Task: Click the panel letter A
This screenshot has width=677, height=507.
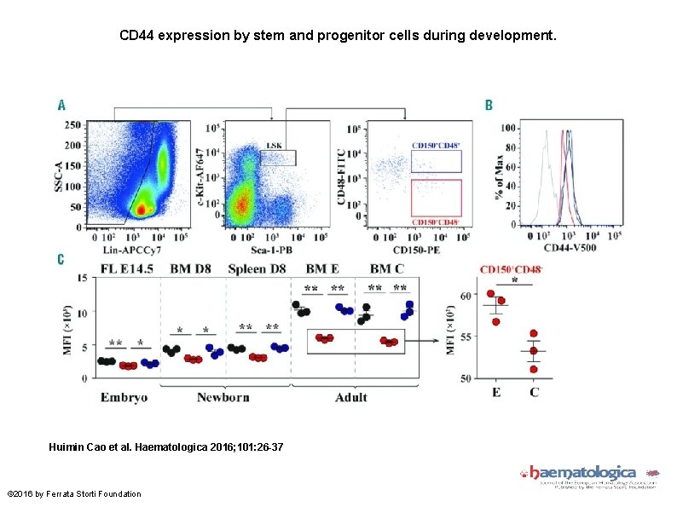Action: point(61,105)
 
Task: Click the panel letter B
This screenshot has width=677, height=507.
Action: point(489,105)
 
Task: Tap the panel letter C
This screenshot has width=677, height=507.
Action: point(61,259)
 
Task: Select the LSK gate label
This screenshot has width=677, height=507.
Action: point(275,146)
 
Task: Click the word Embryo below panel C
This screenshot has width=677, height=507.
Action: point(124,397)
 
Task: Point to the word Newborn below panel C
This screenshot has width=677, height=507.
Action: point(223,397)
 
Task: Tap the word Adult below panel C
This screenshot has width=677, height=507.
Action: point(350,397)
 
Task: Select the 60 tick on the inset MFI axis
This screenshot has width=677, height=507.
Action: point(466,296)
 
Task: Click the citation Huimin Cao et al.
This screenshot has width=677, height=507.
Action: point(166,447)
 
